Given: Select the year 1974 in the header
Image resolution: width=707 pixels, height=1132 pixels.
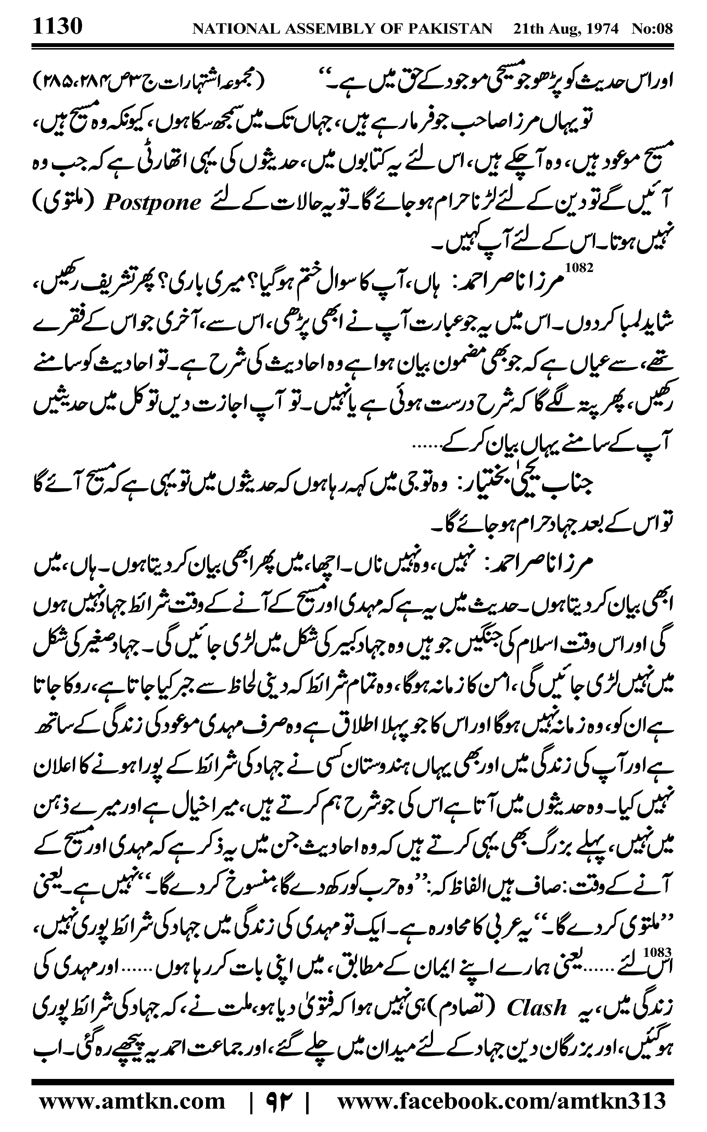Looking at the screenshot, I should coord(600,29).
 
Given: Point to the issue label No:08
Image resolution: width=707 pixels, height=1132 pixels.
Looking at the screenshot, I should coord(652,29).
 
